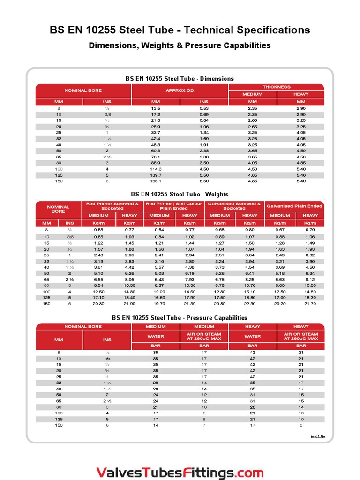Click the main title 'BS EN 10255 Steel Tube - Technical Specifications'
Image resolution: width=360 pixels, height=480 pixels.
tap(180, 30)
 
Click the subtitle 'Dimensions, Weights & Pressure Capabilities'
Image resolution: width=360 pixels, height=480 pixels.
tap(180, 45)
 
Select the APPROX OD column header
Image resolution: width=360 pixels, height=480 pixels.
tap(180, 90)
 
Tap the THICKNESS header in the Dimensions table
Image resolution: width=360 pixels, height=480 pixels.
tap(277, 87)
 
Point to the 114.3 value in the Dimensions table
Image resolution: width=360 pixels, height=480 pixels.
tap(156, 169)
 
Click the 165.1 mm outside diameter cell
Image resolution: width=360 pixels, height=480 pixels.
tap(156, 181)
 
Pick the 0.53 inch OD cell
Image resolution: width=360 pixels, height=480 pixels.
tap(204, 108)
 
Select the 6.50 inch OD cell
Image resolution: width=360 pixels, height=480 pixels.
tap(204, 181)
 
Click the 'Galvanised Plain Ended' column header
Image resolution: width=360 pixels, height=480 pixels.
tap(295, 206)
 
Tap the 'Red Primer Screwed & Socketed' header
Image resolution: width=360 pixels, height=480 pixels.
tap(112, 206)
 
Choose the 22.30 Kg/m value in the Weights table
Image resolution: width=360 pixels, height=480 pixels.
tap(250, 304)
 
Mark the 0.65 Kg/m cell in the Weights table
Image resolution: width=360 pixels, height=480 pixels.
tap(99, 230)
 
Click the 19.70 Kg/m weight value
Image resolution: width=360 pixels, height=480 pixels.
tap(159, 304)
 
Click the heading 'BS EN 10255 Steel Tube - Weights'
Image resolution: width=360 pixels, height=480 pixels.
tap(180, 194)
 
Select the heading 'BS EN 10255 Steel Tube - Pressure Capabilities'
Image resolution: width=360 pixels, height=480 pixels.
tap(180, 317)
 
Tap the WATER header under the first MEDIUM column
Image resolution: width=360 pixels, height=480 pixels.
tap(156, 336)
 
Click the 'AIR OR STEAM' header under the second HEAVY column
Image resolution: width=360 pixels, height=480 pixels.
tap(301, 336)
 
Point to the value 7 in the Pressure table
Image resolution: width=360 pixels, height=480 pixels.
tap(204, 425)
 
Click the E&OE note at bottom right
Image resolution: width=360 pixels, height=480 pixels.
tap(317, 436)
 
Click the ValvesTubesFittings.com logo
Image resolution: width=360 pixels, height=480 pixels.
tap(180, 472)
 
